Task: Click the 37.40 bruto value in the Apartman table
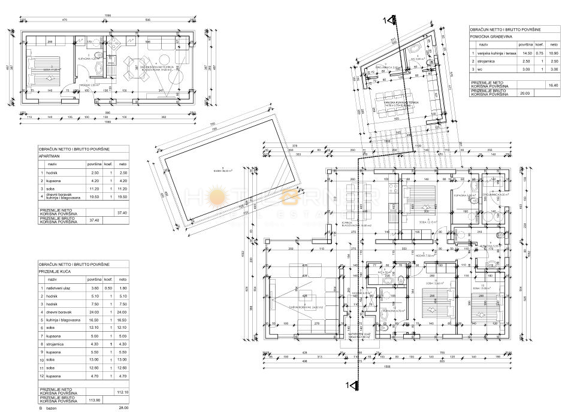[94, 220]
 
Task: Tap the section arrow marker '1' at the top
[390, 20]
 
